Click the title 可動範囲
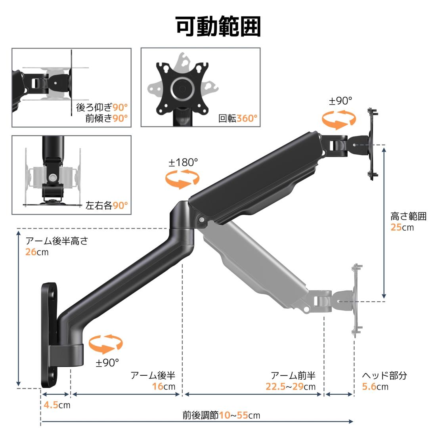pyautogui.click(x=218, y=27)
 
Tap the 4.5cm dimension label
pyautogui.click(x=57, y=405)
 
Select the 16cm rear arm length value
pyautogui.click(x=163, y=386)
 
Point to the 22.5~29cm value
pyautogui.click(x=290, y=386)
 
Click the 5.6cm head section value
pyautogui.click(x=375, y=386)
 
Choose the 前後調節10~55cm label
pyautogui.click(x=221, y=415)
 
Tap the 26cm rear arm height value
pyautogui.click(x=37, y=252)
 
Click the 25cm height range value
pyautogui.click(x=402, y=227)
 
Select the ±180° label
pyautogui.click(x=183, y=163)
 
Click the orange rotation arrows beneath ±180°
pyautogui.click(x=182, y=179)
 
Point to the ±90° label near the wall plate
pyautogui.click(x=107, y=363)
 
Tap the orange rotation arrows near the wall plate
pyautogui.click(x=106, y=344)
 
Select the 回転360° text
pyautogui.click(x=238, y=119)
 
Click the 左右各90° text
pyautogui.click(x=107, y=205)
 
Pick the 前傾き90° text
pyautogui.click(x=107, y=118)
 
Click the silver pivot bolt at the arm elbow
pyautogui.click(x=202, y=220)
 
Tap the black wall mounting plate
pyautogui.click(x=50, y=335)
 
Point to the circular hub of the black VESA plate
pyautogui.click(x=182, y=88)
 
